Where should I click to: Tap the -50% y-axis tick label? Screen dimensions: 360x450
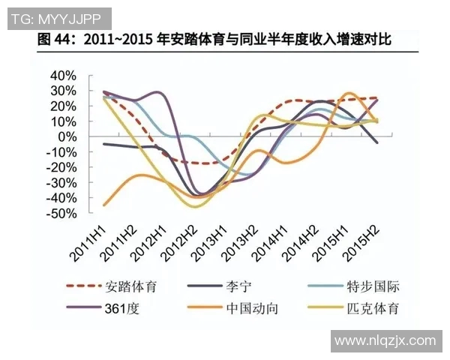(x=61, y=213)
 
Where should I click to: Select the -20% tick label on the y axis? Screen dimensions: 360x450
(x=61, y=167)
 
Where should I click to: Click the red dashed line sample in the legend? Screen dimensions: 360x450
(x=84, y=286)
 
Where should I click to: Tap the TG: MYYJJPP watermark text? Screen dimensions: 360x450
(x=56, y=16)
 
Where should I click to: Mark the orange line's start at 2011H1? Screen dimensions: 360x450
(x=103, y=205)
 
